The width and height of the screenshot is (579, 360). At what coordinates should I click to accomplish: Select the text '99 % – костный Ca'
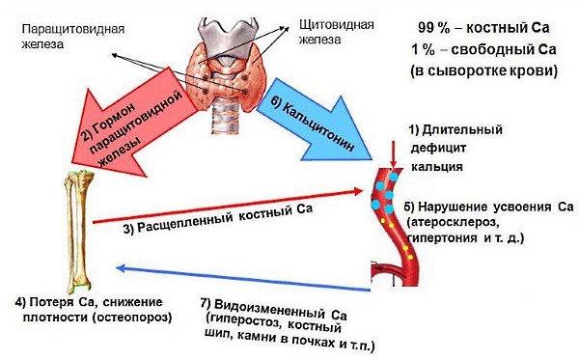(479, 27)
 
